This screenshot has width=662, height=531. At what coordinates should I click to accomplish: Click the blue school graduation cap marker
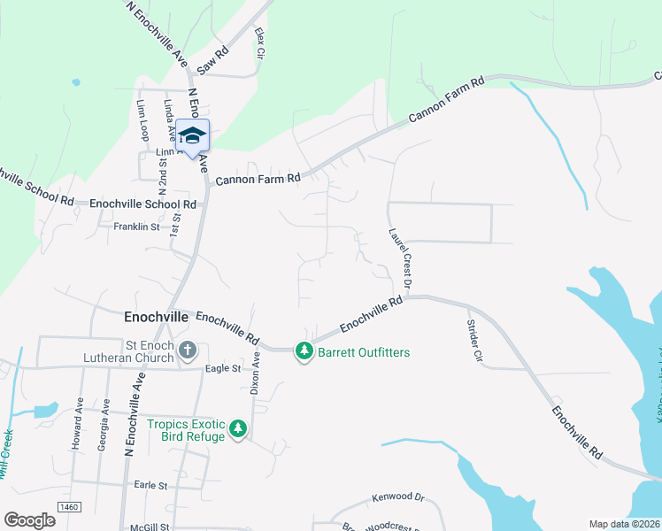(x=192, y=136)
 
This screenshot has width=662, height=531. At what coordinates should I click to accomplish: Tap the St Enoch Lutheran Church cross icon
(x=187, y=350)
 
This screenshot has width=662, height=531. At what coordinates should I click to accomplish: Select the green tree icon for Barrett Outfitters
(x=304, y=351)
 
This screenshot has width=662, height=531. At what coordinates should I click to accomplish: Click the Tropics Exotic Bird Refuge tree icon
(x=237, y=429)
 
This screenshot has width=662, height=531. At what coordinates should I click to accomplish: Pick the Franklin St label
(x=135, y=227)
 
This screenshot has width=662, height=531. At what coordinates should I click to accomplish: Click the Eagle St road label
(x=222, y=368)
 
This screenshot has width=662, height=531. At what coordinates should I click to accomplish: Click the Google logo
(x=29, y=520)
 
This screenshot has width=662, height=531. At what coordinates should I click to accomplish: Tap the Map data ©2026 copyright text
(x=624, y=524)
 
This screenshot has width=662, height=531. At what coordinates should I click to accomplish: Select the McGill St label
(x=148, y=527)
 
